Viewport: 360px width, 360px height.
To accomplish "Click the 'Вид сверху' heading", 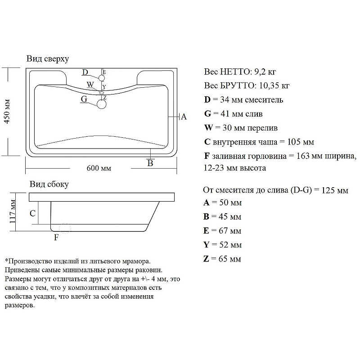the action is coord(48,59).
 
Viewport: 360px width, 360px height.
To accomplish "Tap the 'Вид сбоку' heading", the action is coord(49,184).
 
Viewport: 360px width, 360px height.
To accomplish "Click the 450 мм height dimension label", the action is coord(7,112).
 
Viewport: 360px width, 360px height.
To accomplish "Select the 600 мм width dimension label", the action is coord(99,168).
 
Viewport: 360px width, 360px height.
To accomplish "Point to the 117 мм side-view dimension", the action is coord(13,211).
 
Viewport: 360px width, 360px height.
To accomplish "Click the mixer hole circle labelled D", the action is coord(102,78).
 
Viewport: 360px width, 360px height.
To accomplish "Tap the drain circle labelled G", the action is coord(102,104).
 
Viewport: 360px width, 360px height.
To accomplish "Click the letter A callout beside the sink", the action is coord(184,117).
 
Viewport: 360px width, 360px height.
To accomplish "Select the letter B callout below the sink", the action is coord(150,163).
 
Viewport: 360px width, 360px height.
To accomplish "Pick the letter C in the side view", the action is coord(32,213).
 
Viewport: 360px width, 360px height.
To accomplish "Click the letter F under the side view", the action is coord(56,237).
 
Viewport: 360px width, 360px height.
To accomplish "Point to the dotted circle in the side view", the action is coord(65,228).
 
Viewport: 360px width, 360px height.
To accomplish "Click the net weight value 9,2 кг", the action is coord(265,72).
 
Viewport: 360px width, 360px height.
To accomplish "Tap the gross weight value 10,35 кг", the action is coord(274,85).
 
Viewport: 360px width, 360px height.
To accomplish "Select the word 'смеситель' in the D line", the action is coord(264,100).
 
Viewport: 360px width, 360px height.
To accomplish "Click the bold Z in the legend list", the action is coord(206,259).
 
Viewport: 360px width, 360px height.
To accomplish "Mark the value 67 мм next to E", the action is coord(230,230).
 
